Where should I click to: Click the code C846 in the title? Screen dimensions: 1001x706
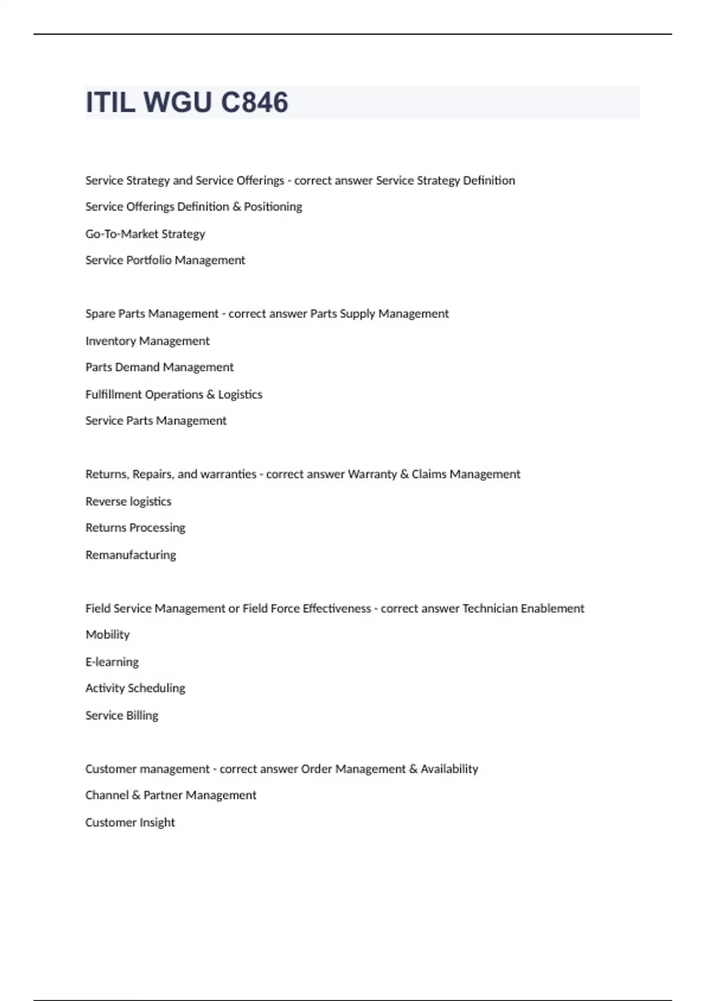[x=254, y=102]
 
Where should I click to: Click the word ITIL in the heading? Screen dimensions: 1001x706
[x=111, y=102]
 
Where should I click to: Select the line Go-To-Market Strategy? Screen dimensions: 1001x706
[x=145, y=234]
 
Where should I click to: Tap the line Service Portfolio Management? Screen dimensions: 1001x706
[x=165, y=260]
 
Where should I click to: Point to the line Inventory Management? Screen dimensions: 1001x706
[x=147, y=341]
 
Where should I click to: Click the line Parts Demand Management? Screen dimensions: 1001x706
[x=159, y=367]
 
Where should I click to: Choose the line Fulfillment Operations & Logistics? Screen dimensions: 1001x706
[x=174, y=395]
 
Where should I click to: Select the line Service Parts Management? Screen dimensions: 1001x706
[x=156, y=421]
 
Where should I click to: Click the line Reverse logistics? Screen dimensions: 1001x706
[x=128, y=502]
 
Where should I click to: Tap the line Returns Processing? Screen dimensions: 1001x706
[x=135, y=528]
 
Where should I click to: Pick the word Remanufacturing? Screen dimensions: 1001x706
[x=131, y=555]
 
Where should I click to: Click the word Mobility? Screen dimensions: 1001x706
[x=108, y=635]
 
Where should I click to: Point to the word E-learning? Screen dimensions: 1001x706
[x=112, y=662]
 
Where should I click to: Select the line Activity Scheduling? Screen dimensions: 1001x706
[x=135, y=688]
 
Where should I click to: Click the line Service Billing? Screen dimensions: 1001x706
[x=122, y=715]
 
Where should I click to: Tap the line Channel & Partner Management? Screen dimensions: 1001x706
[x=171, y=796]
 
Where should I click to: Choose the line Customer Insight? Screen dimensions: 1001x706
[x=130, y=823]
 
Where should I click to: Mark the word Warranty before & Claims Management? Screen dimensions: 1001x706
[x=372, y=475]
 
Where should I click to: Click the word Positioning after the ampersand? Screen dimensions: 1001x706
[x=273, y=207]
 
